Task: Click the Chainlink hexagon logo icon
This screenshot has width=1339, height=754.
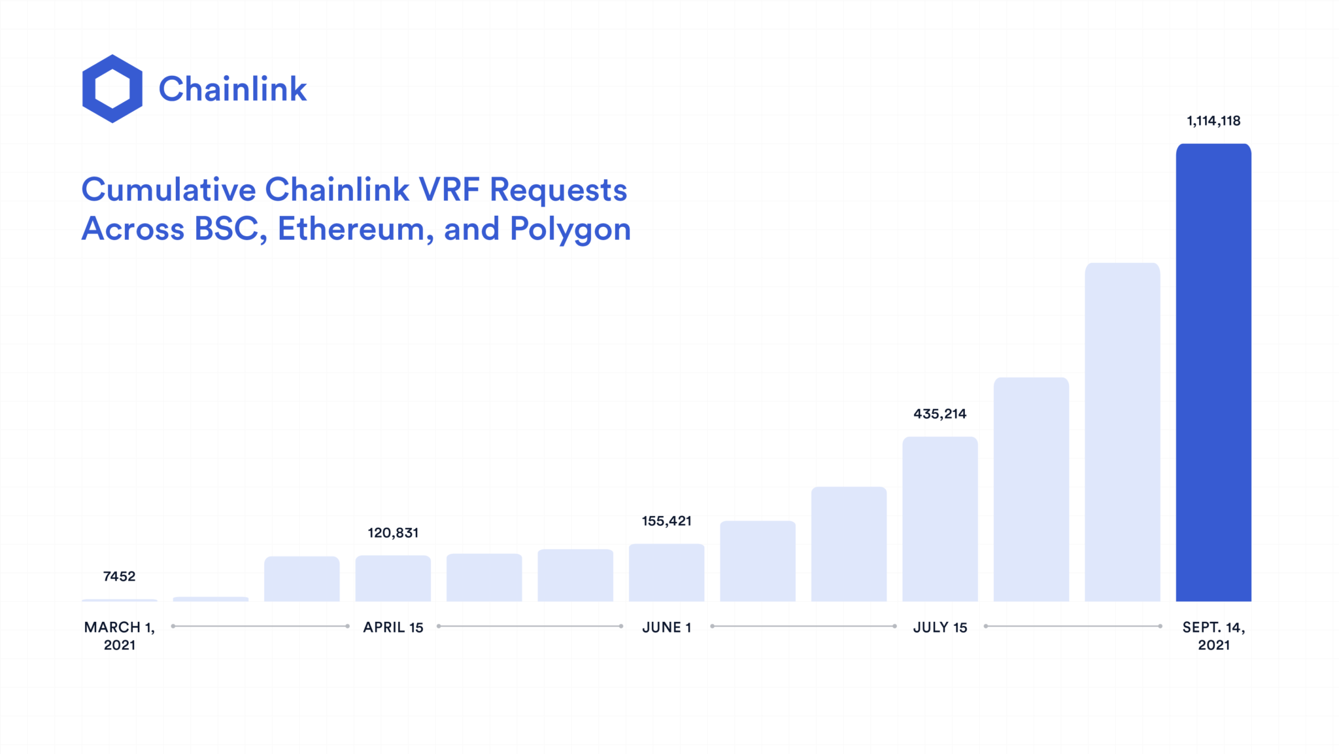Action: [112, 89]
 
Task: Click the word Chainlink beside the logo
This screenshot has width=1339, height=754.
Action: [232, 89]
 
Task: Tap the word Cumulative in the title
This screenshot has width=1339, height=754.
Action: [169, 190]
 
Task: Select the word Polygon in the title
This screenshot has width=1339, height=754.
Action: [570, 230]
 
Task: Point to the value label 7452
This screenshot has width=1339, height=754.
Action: [119, 576]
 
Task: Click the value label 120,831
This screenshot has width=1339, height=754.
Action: [393, 533]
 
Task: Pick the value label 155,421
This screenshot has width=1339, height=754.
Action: [666, 521]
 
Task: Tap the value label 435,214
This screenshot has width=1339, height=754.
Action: [940, 414]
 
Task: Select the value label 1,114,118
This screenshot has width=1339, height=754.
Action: [1213, 121]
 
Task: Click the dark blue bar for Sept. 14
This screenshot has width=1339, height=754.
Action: [1213, 373]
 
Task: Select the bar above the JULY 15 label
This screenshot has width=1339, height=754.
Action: [940, 519]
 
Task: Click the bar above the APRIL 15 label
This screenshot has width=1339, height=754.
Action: [393, 579]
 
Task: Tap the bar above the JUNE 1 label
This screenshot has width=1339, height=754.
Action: [666, 573]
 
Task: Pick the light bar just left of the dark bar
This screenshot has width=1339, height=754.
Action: [1122, 432]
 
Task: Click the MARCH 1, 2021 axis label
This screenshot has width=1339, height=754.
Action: [120, 636]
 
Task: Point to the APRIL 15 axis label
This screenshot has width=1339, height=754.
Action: [393, 628]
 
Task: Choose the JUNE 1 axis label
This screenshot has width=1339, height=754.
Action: [666, 628]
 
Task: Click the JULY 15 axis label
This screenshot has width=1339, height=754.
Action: [940, 628]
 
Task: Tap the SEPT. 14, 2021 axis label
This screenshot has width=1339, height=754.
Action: [1213, 636]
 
